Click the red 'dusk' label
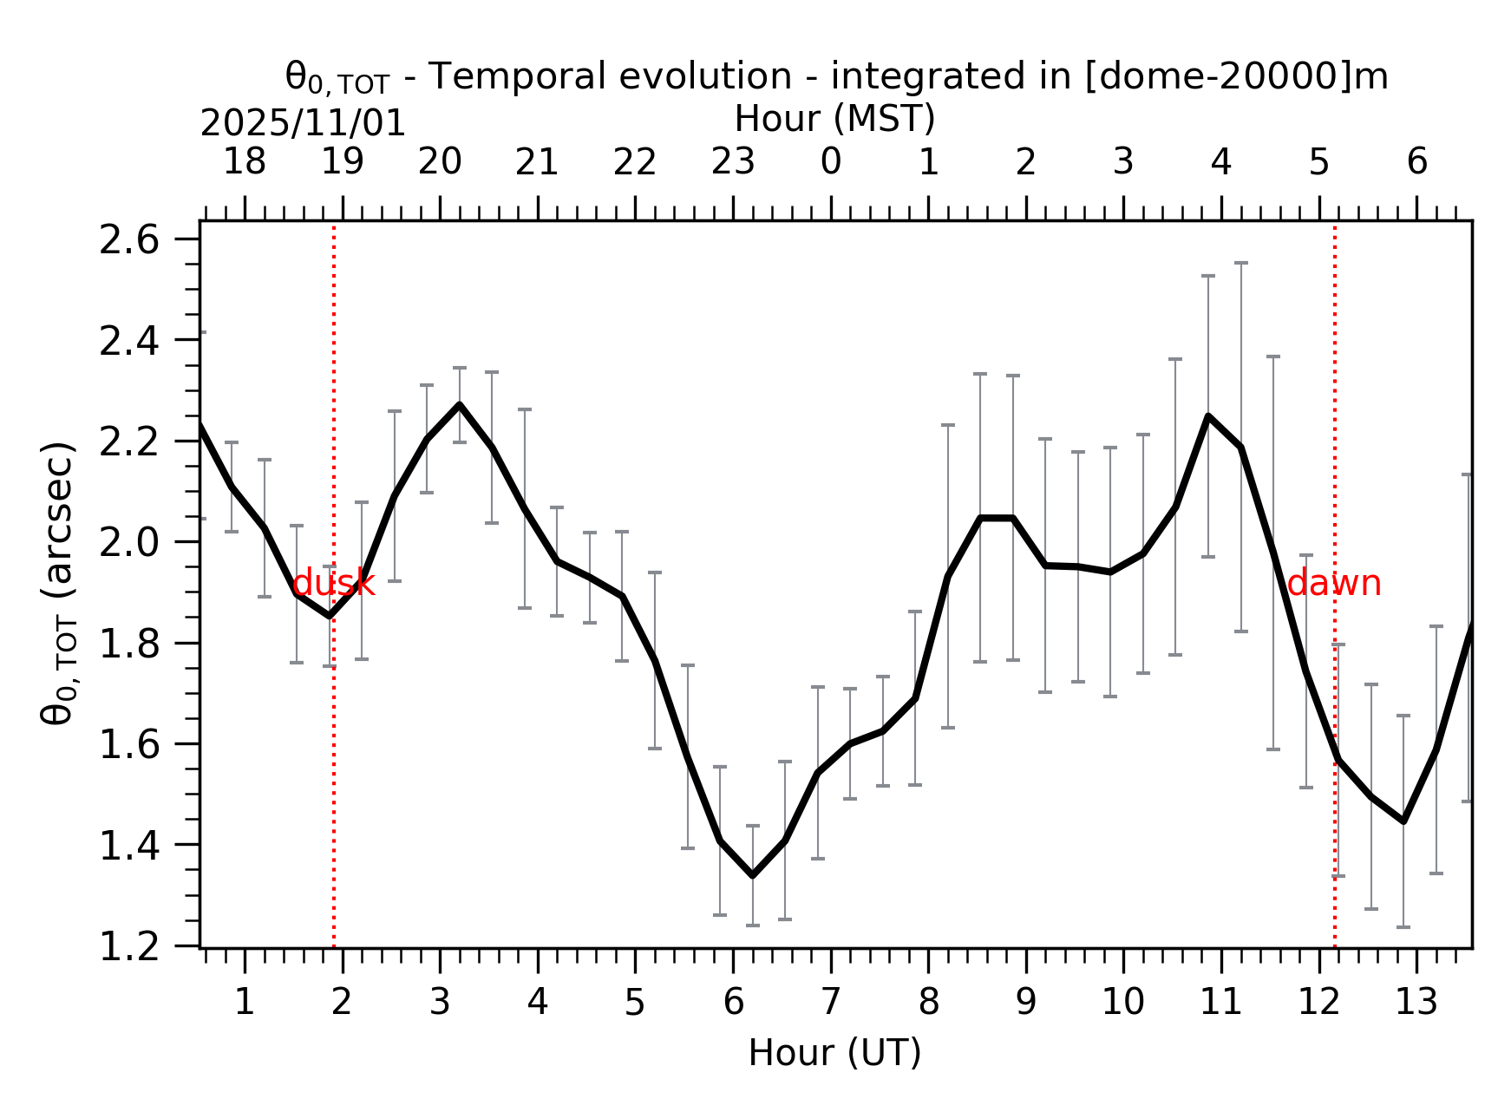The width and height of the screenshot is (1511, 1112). tap(334, 584)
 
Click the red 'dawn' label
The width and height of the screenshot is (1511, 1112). tap(1334, 584)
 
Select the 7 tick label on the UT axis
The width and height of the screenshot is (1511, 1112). tap(831, 1003)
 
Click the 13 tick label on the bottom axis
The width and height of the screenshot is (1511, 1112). tap(1416, 1003)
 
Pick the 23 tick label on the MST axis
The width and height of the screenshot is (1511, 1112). tap(733, 162)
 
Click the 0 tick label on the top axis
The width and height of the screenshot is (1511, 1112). tap(831, 162)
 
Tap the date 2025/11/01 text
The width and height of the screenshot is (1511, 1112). tap(303, 124)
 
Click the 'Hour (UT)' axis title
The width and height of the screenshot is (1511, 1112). tap(834, 1053)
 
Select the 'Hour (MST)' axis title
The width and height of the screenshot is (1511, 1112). tap(834, 119)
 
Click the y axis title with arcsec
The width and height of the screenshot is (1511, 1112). tap(59, 583)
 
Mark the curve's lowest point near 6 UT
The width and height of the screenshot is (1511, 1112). tap(752, 875)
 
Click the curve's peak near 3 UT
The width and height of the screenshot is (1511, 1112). tap(459, 405)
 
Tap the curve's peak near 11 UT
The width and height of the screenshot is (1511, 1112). tap(1208, 416)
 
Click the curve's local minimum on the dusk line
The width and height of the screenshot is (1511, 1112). tap(329, 616)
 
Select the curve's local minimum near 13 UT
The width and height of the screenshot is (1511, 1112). tap(1403, 821)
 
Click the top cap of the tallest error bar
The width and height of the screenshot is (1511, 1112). tap(1240, 263)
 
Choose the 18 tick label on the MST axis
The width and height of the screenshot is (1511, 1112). tap(245, 162)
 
